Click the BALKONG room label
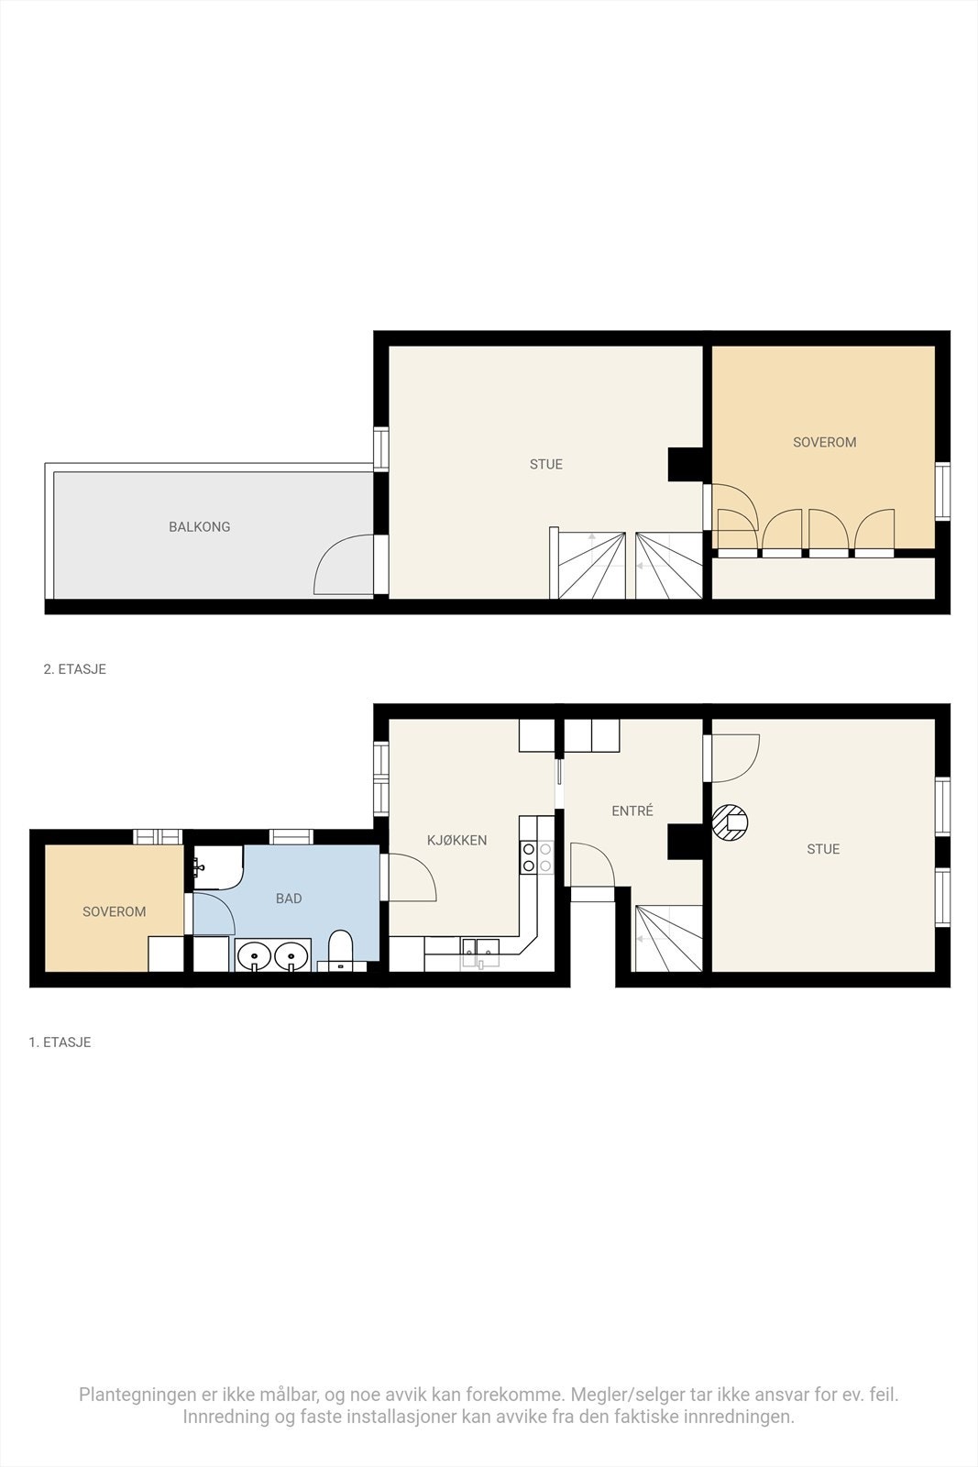point(199,527)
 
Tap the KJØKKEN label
point(456,840)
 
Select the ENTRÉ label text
point(632,811)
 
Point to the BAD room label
point(289,899)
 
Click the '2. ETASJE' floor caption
point(75,669)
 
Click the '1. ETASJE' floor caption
point(60,1042)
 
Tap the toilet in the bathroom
point(340,950)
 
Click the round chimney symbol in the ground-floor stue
point(731,822)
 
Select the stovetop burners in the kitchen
point(537,857)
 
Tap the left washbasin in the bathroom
point(253,956)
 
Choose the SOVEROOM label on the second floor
point(824,442)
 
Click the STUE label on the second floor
point(545,464)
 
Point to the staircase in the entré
point(668,938)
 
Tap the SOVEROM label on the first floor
point(114,911)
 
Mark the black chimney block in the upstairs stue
point(684,464)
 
